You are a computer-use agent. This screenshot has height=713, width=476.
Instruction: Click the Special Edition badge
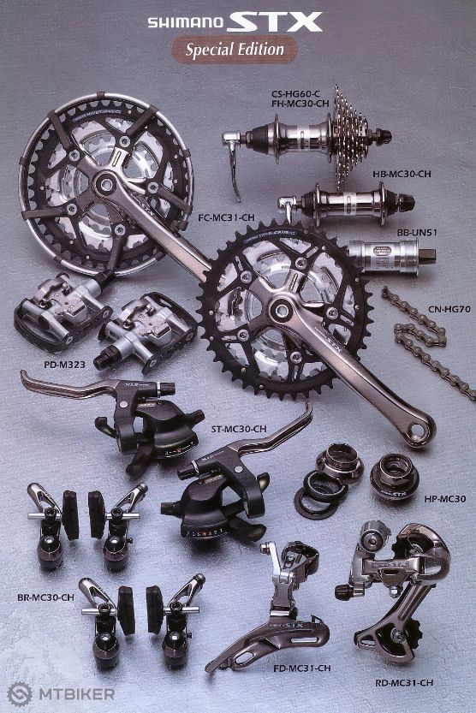click(235, 49)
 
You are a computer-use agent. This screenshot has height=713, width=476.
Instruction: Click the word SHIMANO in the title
click(186, 23)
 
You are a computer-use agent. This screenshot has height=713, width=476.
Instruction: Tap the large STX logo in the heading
click(275, 22)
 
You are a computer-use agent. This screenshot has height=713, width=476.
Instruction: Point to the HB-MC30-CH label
click(402, 174)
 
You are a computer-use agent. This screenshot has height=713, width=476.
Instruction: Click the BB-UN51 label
click(417, 232)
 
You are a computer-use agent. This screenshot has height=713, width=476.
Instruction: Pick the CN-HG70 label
click(449, 309)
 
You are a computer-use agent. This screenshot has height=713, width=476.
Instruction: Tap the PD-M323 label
click(64, 365)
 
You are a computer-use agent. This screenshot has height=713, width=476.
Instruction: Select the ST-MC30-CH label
click(239, 429)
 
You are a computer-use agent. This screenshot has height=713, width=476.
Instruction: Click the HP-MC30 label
click(445, 499)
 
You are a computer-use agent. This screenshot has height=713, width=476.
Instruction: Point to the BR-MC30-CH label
click(45, 597)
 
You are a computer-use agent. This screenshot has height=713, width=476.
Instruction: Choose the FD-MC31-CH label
click(302, 668)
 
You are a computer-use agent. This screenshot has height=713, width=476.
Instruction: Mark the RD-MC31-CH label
click(404, 682)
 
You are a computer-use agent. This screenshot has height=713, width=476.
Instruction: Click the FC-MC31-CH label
click(226, 217)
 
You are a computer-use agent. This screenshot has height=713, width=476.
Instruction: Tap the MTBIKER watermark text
click(77, 694)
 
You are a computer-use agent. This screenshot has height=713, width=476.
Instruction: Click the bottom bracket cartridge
click(392, 257)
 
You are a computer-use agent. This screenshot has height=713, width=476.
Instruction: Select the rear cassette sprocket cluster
click(350, 135)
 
